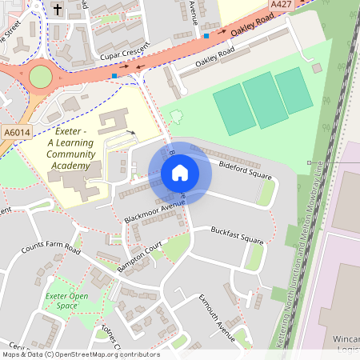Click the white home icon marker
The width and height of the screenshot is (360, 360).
click(180, 172)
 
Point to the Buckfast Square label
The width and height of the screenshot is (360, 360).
click(237, 234)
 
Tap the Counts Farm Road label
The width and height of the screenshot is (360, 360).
click(51, 247)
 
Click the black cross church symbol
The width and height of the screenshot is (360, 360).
click(57, 10)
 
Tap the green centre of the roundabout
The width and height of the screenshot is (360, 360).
click(40, 77)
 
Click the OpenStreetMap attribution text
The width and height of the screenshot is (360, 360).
click(80, 354)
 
